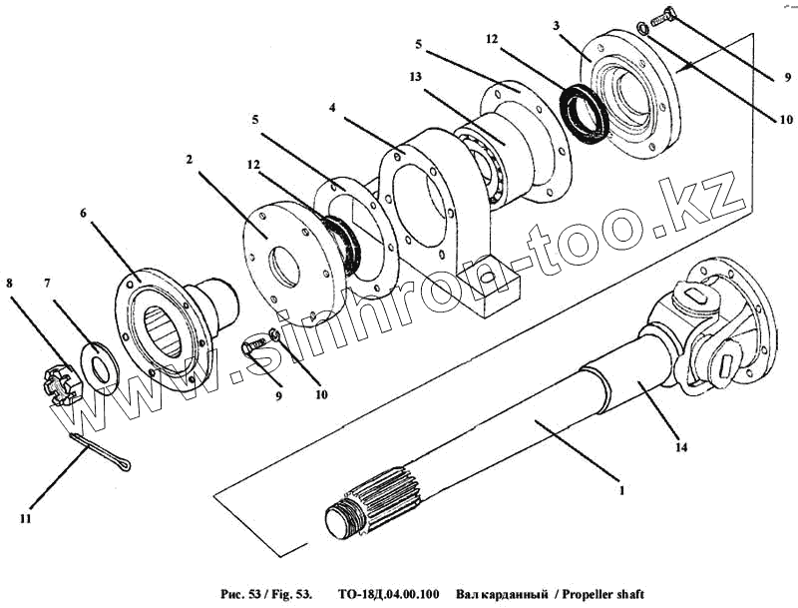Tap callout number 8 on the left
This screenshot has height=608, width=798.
click(11, 284)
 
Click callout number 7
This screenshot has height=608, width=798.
click(46, 285)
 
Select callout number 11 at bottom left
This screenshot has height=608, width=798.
click(24, 519)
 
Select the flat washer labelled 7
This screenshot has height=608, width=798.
click(101, 363)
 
